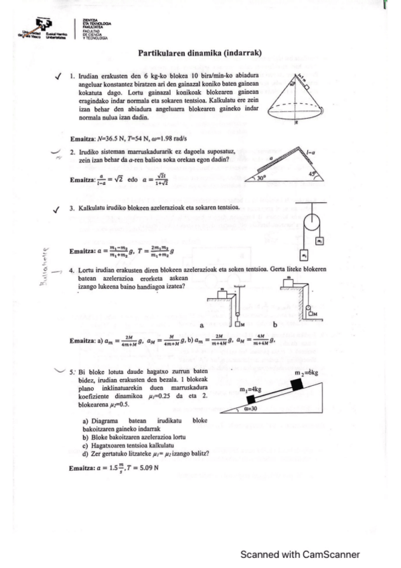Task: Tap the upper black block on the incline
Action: (x=299, y=385)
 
